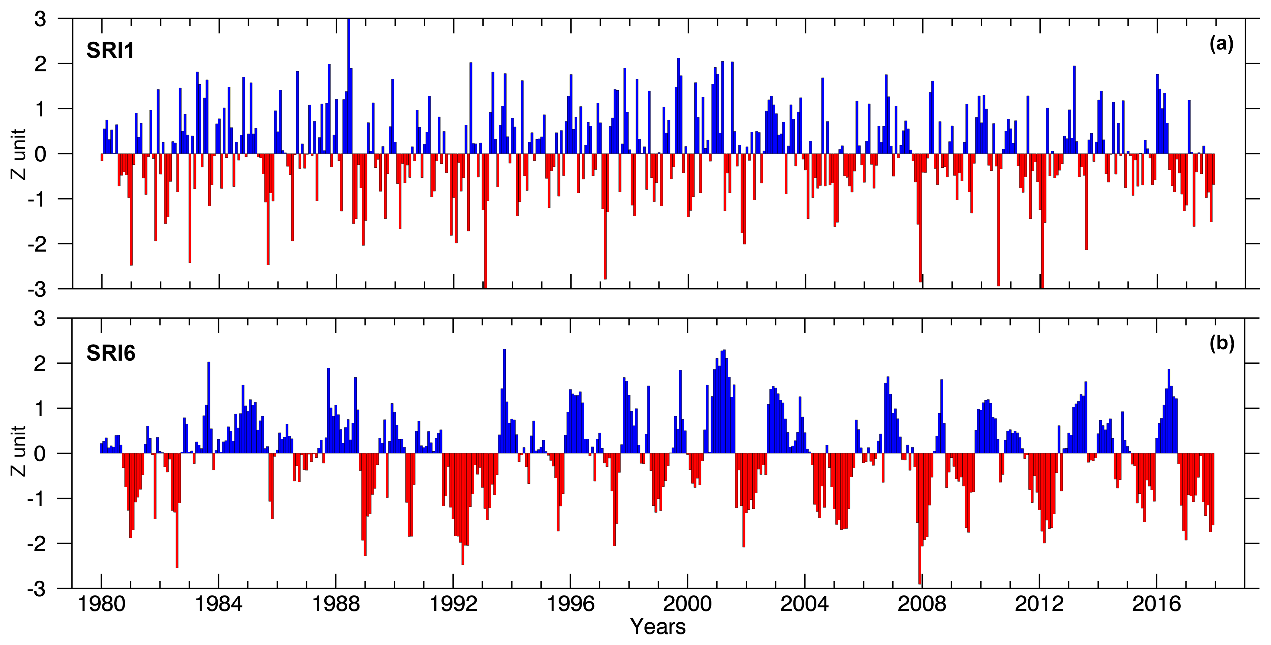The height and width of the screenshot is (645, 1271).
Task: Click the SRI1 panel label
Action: point(110,51)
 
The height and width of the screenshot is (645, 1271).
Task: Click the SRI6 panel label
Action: point(111,353)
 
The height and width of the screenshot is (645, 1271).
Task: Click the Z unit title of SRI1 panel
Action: point(19,154)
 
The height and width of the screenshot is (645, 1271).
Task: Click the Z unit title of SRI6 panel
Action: point(19,451)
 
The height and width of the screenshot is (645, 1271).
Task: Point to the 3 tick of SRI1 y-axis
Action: point(40,20)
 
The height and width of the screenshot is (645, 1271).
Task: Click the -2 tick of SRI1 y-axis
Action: point(36,244)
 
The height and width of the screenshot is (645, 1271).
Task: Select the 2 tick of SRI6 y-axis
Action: point(40,364)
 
